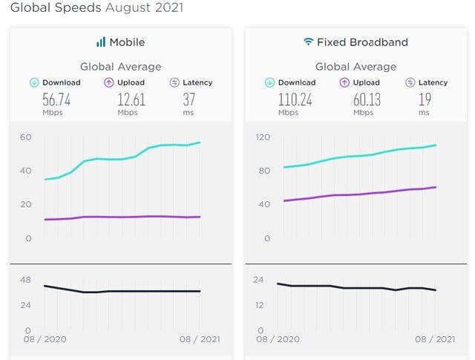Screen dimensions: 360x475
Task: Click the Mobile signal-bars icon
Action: (101, 42)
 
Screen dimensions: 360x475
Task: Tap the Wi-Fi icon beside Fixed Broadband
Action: (308, 42)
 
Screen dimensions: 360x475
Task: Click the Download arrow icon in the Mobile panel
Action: (34, 82)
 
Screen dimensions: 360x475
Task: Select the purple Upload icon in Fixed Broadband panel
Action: (344, 82)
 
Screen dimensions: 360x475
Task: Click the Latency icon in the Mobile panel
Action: (174, 82)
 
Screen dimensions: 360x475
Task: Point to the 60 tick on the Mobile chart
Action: (26, 137)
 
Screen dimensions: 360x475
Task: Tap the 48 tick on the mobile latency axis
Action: (26, 280)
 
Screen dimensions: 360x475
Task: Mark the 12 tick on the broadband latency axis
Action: (261, 305)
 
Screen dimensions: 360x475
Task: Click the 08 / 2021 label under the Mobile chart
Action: (198, 339)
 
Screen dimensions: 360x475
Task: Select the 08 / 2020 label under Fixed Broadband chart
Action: (278, 339)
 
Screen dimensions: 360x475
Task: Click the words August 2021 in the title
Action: (145, 8)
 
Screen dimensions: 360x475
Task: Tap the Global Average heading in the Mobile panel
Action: (120, 67)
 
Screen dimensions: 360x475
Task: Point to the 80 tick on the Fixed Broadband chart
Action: (263, 171)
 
